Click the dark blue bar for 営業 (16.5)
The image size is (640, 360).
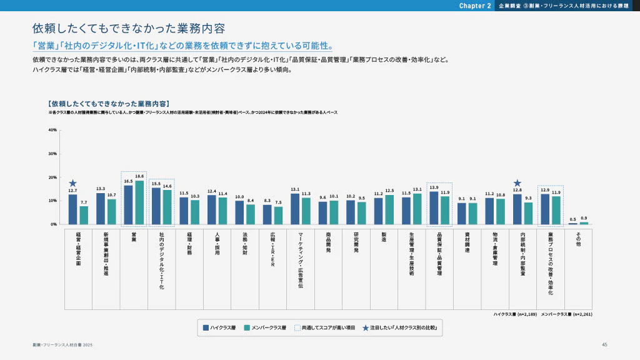point(128,205)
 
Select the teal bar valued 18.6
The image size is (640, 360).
point(139,202)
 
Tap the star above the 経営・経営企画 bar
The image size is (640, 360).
point(72,183)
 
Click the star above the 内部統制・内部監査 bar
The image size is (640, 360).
point(517,183)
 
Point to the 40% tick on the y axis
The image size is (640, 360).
point(52,130)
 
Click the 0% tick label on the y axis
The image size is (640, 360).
point(54,224)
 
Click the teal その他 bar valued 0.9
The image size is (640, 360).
point(584,222)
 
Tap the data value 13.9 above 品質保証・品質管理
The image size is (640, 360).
point(434,187)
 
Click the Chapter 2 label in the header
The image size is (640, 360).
point(475,6)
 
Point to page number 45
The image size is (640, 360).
point(604,344)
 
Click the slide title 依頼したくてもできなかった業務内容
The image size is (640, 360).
point(128,29)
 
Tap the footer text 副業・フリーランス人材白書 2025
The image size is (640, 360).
point(62,345)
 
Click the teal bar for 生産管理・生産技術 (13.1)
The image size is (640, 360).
point(417,209)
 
